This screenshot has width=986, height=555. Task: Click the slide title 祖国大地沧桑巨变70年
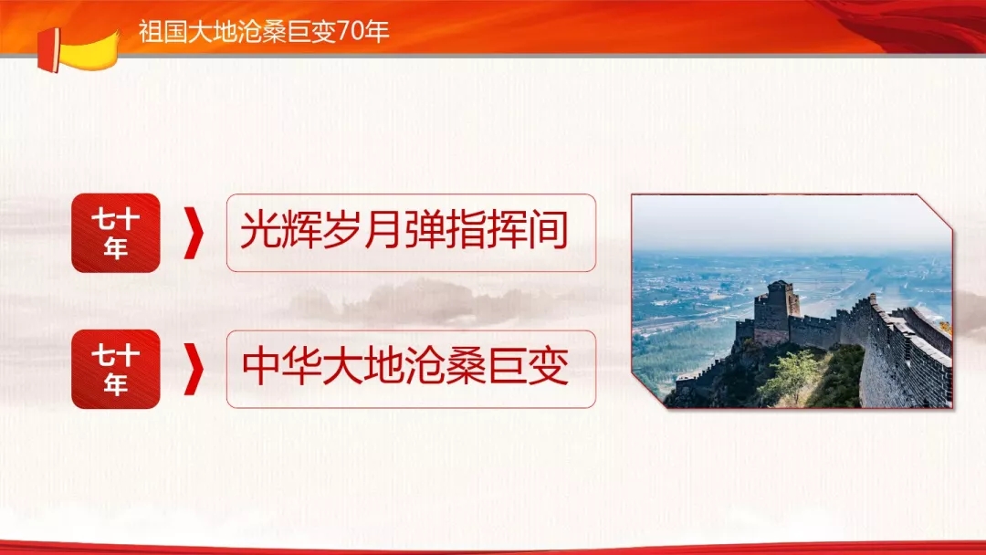(x=264, y=31)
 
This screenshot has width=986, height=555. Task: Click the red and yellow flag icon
(x=78, y=50)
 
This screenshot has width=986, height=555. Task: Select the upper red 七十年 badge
(x=116, y=233)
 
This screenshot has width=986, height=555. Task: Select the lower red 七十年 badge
(x=116, y=369)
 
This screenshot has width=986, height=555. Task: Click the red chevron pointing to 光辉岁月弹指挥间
(x=194, y=233)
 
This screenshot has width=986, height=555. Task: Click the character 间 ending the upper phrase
(x=549, y=230)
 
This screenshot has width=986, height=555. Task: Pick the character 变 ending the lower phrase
(x=549, y=366)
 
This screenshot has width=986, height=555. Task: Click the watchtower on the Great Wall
(x=776, y=312)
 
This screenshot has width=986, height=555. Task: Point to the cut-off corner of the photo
(x=935, y=211)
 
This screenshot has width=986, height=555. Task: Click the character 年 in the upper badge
(x=116, y=248)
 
